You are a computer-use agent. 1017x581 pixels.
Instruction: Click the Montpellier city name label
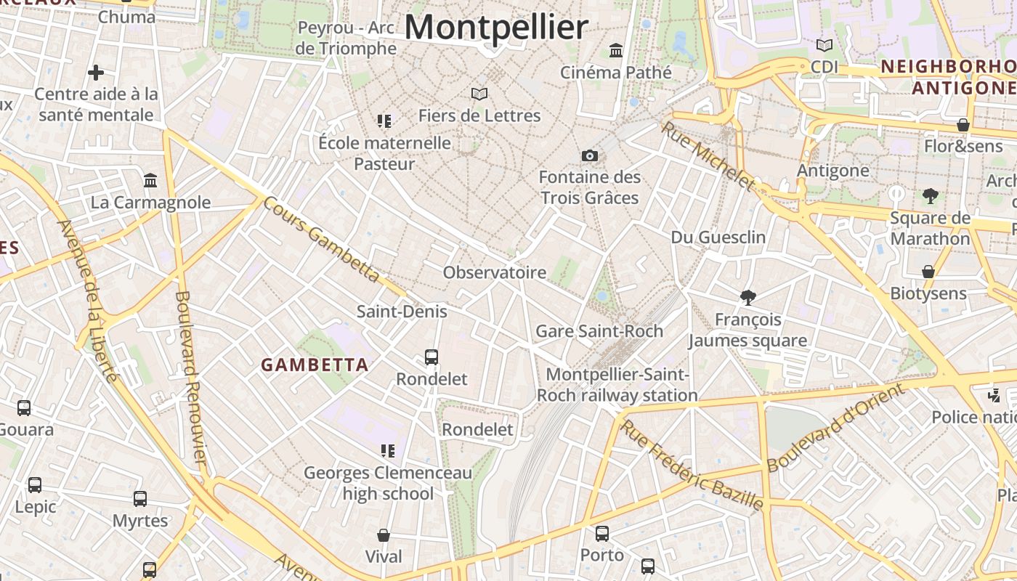[x=496, y=28]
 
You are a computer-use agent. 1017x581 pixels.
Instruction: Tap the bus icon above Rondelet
[x=431, y=357]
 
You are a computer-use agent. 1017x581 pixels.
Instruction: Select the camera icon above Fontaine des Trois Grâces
[x=590, y=155]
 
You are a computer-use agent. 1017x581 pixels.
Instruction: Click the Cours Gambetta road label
[x=321, y=239]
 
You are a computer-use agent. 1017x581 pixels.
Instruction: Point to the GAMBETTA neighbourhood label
[x=315, y=365]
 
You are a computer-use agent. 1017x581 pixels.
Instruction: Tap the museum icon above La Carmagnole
[x=150, y=180]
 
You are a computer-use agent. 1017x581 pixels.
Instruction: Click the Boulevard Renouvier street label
[x=191, y=378]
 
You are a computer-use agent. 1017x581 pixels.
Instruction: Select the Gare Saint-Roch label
[x=599, y=331]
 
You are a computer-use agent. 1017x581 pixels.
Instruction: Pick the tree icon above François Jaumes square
[x=747, y=297]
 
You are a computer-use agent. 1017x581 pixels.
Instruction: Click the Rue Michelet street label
[x=708, y=155]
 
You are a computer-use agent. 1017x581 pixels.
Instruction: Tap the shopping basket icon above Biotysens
[x=928, y=272]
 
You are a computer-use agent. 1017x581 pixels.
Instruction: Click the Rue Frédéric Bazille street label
[x=691, y=465]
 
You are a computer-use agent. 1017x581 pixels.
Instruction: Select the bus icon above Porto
[x=602, y=534]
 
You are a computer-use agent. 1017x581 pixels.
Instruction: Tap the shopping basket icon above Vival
[x=384, y=535]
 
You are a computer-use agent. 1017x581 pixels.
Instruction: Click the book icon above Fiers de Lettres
[x=479, y=94]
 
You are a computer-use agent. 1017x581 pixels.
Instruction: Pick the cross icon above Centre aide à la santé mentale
[x=96, y=73]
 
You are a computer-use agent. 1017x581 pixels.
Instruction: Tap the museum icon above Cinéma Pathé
[x=616, y=50]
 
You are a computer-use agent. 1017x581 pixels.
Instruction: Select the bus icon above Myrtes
[x=140, y=499]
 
